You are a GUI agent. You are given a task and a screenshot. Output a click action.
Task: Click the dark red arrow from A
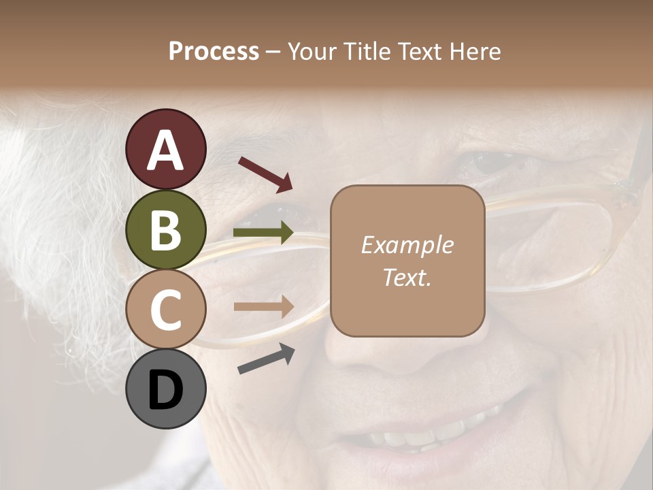pyautogui.click(x=265, y=173)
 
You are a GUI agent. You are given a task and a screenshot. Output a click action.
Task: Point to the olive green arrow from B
pyautogui.click(x=263, y=233)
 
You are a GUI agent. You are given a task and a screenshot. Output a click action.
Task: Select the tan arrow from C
pyautogui.click(x=263, y=307)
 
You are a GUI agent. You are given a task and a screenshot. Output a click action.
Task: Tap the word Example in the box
pyautogui.click(x=407, y=245)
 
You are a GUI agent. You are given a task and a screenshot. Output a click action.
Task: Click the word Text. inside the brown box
pyautogui.click(x=407, y=277)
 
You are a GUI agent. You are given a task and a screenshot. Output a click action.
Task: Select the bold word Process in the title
pyautogui.click(x=214, y=51)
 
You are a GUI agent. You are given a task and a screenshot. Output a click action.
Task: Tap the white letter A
pyautogui.click(x=166, y=150)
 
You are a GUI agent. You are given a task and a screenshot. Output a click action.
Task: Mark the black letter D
pyautogui.click(x=166, y=389)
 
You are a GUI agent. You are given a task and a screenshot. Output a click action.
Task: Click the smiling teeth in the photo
pyautogui.click(x=435, y=432)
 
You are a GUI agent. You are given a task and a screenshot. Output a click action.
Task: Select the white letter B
pyautogui.click(x=166, y=229)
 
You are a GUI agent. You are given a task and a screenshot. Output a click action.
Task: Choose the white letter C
pyautogui.click(x=166, y=309)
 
